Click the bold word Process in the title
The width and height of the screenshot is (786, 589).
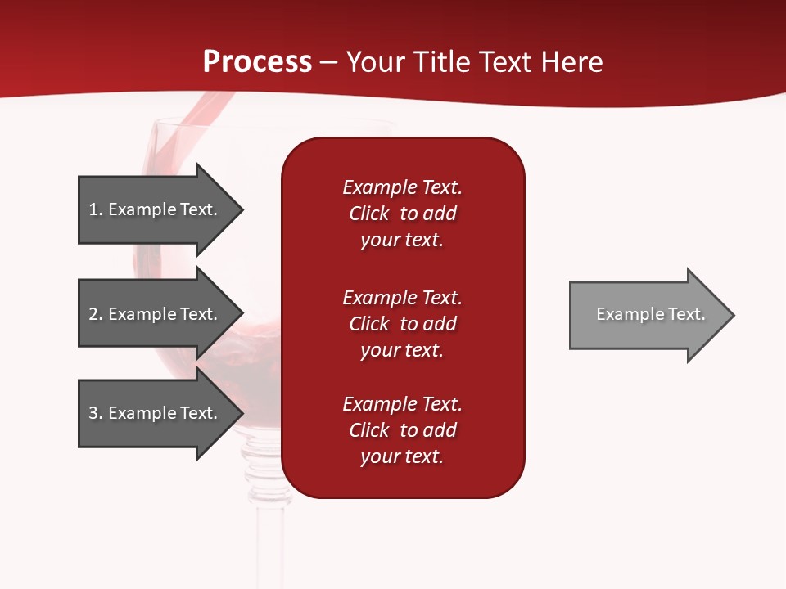tap(257, 62)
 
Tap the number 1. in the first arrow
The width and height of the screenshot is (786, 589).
tap(96, 209)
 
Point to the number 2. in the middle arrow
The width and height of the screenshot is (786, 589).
tap(96, 314)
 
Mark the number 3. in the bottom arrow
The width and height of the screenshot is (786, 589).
tap(96, 413)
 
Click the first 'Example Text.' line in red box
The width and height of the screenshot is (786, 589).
tap(402, 187)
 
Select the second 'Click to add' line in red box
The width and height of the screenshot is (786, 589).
tap(402, 324)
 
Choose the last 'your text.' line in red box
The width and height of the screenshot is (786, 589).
tap(402, 456)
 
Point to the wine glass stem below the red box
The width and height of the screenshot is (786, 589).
tap(270, 540)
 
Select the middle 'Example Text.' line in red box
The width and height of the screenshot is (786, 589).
tap(402, 298)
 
